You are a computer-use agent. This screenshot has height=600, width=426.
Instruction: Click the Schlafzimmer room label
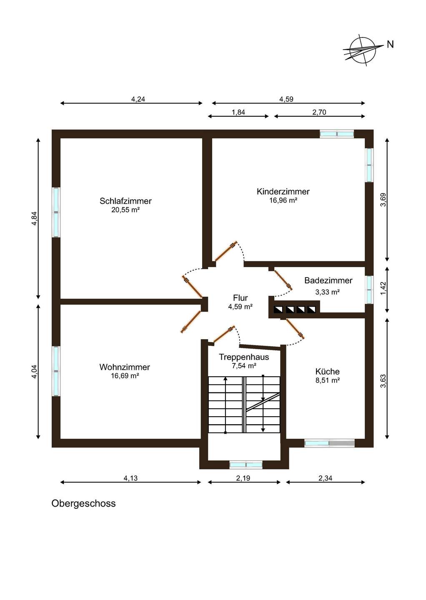(x=125, y=201)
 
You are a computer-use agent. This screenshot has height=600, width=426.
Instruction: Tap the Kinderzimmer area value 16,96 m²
(x=283, y=201)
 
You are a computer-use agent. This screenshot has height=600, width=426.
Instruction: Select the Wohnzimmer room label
(x=125, y=367)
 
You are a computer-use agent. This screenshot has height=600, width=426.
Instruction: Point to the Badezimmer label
(x=328, y=280)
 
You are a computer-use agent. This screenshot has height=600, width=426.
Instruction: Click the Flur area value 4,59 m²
(x=241, y=307)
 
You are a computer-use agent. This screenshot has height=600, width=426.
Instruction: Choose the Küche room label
(x=327, y=372)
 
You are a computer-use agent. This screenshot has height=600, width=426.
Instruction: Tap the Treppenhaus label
(x=244, y=357)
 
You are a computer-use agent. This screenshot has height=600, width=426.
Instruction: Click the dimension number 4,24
(x=138, y=99)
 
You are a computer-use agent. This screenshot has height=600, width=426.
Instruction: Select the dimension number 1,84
(x=238, y=112)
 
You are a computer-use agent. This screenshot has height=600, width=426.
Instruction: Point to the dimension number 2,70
(x=319, y=112)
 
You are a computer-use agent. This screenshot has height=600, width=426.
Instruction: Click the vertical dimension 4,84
(x=34, y=219)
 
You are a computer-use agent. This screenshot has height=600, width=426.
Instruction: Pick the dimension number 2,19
(x=243, y=478)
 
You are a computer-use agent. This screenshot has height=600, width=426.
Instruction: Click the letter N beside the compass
(x=391, y=44)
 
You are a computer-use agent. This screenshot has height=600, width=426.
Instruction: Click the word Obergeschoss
(x=84, y=504)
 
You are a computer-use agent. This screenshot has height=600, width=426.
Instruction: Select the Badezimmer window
(x=369, y=290)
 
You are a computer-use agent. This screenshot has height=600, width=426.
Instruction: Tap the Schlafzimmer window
(x=56, y=212)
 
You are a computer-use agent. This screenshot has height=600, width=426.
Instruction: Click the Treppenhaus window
(x=246, y=465)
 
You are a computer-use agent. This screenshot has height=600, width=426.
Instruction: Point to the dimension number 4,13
(x=130, y=478)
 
